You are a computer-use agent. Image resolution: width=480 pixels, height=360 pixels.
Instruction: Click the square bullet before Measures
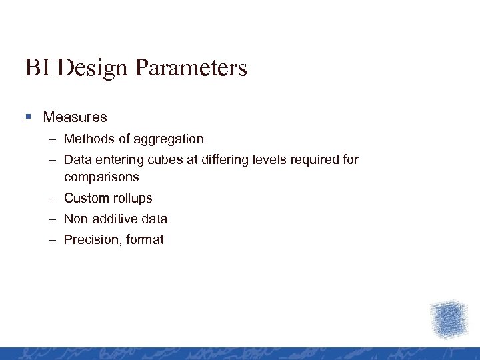(x=28, y=117)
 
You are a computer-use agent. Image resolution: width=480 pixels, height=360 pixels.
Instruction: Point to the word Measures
(x=75, y=117)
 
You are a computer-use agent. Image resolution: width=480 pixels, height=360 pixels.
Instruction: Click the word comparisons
(x=101, y=177)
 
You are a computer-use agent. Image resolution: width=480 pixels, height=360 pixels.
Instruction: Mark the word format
(x=144, y=240)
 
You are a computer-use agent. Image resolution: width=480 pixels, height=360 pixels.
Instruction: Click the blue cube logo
(x=449, y=319)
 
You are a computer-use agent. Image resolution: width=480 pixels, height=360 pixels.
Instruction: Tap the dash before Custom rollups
(x=52, y=199)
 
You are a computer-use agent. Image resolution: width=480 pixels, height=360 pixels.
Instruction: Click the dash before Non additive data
(x=52, y=219)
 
